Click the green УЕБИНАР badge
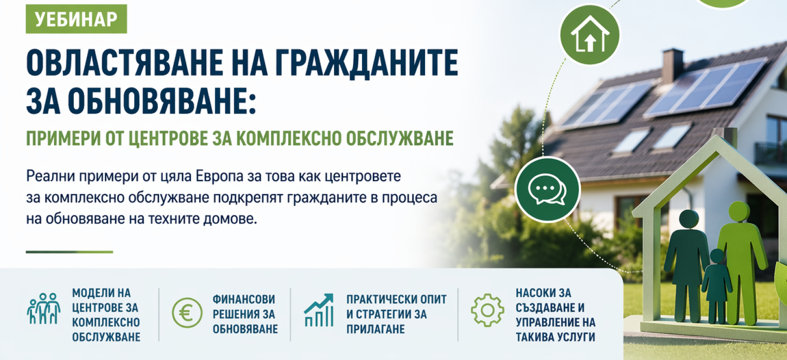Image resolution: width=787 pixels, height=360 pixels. tap(76, 19)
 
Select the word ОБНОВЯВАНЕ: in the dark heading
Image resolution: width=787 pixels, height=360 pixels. tap(162, 101)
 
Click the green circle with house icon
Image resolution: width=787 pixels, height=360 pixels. tap(590, 35)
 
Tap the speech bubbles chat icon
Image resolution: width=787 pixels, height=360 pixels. tap(547, 189)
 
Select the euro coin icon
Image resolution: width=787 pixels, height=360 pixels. tap(187, 313)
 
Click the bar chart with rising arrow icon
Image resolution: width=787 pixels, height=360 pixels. tap(319, 311)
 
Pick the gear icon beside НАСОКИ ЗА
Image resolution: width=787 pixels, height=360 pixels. tap(487, 310)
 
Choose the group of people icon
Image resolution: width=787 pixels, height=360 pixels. tap(44, 309)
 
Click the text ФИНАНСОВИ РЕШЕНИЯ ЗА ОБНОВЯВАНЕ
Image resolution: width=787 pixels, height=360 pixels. tap(244, 314)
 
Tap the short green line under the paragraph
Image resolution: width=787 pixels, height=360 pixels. tap(69, 252)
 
